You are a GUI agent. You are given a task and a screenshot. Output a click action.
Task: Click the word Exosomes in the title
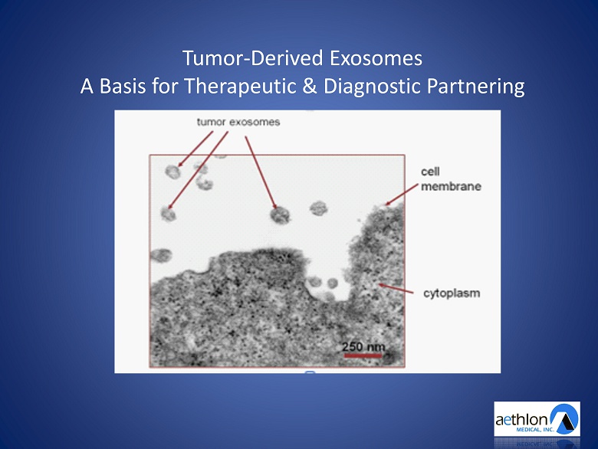click(x=376, y=58)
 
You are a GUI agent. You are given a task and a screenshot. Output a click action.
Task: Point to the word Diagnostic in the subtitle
click(x=372, y=87)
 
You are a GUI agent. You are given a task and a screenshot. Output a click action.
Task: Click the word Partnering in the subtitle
click(x=475, y=87)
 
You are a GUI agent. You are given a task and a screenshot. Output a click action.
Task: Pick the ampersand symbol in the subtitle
click(x=310, y=86)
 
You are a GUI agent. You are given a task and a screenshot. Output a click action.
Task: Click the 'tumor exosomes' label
click(x=238, y=122)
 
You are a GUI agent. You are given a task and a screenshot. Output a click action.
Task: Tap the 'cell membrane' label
click(x=451, y=179)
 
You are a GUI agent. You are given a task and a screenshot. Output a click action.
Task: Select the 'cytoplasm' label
click(x=452, y=293)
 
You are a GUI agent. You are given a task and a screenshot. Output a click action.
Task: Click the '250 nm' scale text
click(x=363, y=347)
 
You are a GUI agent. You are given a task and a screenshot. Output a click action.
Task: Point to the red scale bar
click(x=363, y=356)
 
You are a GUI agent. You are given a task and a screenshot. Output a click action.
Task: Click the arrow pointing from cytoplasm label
click(x=396, y=289)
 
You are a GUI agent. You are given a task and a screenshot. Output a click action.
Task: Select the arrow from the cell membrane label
click(x=402, y=195)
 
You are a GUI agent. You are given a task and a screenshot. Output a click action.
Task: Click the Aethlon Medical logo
click(x=537, y=418)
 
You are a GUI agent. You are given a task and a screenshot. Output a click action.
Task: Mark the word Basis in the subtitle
click(x=123, y=87)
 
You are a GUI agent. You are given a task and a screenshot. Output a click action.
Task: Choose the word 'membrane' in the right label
click(x=451, y=186)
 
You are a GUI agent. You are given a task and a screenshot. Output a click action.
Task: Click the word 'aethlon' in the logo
click(x=521, y=420)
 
